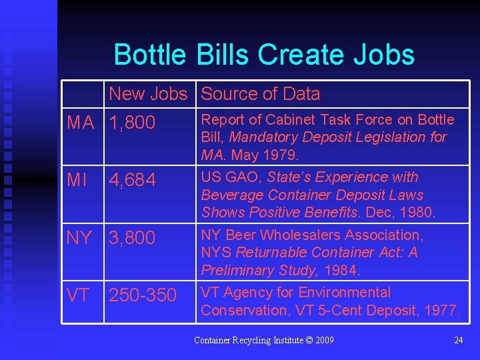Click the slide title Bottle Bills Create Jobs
coord(264,55)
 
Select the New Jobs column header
coord(148,94)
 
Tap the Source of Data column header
coord(260,94)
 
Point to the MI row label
coord(77,180)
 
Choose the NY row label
coord(79,238)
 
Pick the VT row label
coord(78,295)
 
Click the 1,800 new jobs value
coord(132,123)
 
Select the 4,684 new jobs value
coord(132,180)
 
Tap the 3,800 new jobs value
coord(132,238)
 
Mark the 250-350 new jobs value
coord(143,295)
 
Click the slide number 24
coord(458,341)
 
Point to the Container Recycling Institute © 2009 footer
coord(263,341)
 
